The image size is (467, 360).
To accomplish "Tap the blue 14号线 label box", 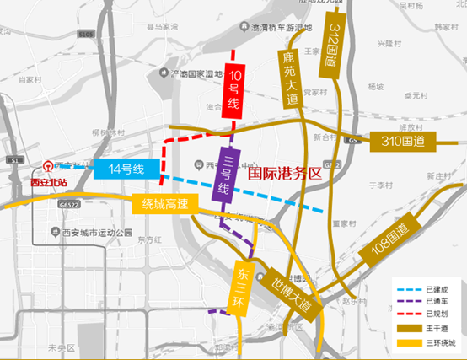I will click(124, 169).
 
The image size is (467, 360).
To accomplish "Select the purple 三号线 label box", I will click(224, 174).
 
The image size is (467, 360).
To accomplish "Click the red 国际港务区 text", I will click(287, 174).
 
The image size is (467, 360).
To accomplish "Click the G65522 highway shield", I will click(70, 204).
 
